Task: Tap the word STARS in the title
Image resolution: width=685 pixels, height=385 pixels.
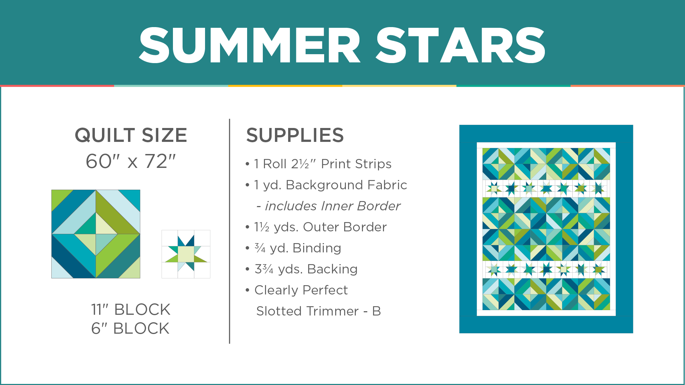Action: [460, 45]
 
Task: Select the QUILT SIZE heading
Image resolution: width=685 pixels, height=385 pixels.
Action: [131, 135]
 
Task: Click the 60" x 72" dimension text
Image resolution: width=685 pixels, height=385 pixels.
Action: [131, 161]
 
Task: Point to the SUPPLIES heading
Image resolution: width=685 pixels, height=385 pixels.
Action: [295, 135]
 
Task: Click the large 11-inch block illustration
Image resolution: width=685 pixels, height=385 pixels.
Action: [96, 234]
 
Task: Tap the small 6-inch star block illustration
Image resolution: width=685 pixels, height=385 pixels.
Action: [186, 254]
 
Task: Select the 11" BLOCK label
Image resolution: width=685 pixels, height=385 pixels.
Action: [131, 309]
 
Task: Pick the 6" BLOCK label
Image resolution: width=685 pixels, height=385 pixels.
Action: [131, 328]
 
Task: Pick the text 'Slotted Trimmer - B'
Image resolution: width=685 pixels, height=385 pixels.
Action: [318, 311]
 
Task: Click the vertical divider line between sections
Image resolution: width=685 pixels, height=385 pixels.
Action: [230, 231]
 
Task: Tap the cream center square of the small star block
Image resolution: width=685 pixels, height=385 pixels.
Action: [186, 254]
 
